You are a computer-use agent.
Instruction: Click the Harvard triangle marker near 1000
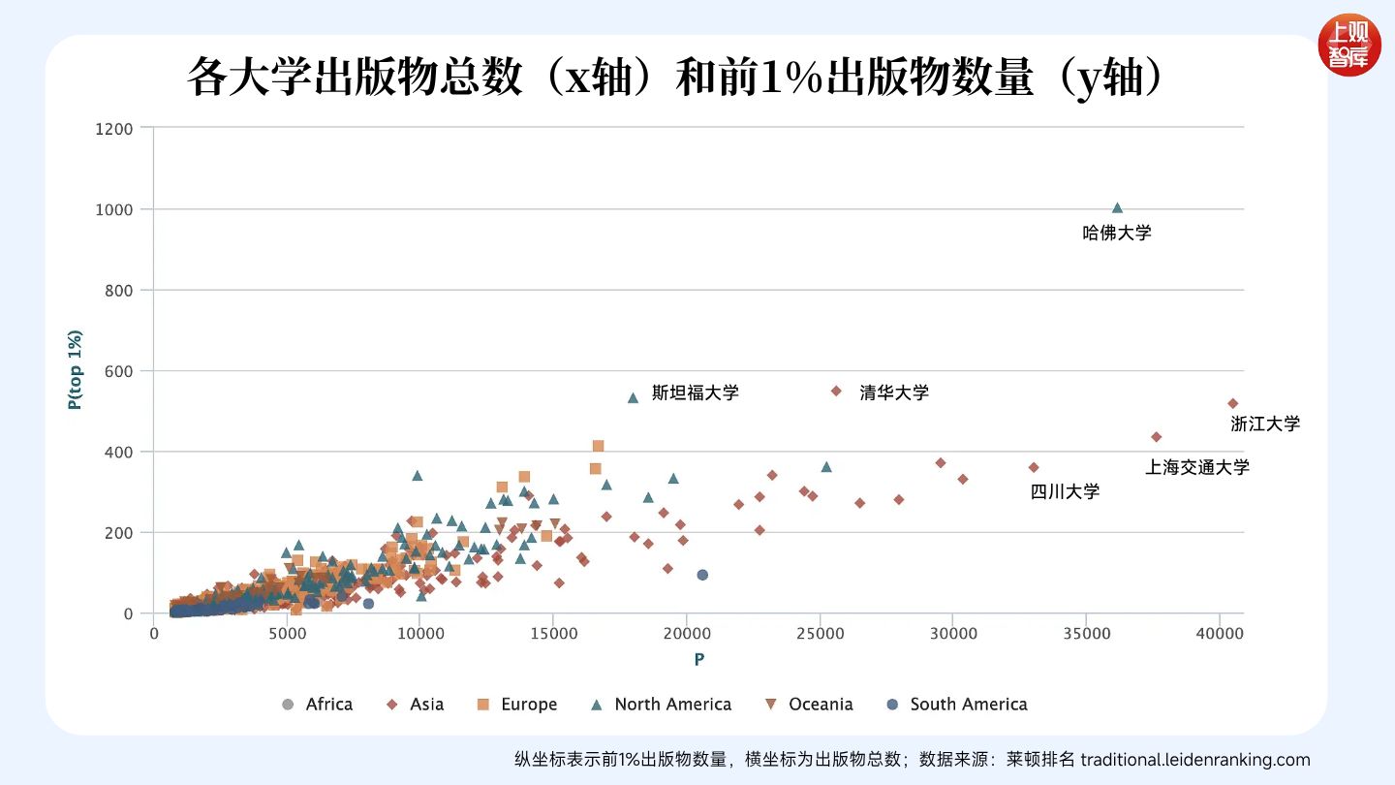point(1117,207)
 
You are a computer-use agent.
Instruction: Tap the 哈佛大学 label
point(1117,234)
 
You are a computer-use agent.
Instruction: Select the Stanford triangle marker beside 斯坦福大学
point(634,397)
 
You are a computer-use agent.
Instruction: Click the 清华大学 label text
point(894,392)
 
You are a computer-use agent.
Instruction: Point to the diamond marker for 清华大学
point(836,392)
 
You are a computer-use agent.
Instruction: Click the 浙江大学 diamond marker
point(1233,403)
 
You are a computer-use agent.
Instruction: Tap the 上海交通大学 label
point(1197,467)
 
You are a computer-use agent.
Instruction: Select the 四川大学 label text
point(1065,491)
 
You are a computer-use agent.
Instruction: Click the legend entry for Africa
point(317,705)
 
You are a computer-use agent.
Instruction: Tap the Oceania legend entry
point(809,705)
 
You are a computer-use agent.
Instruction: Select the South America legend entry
point(956,705)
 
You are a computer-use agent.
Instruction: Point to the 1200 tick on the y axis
point(114,128)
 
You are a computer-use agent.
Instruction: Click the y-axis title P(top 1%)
point(75,370)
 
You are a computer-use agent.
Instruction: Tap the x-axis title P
point(698,660)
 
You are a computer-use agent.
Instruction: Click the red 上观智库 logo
point(1349,45)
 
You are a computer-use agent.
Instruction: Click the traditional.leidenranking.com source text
point(1194,759)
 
